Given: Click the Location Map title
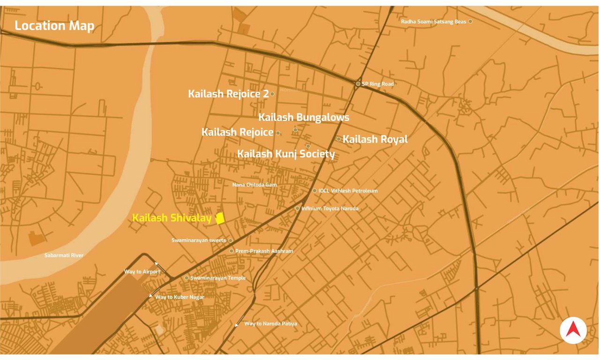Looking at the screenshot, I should click(54, 26).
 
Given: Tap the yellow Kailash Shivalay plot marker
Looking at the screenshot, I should click(220, 218).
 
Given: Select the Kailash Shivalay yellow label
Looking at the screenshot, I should click(172, 218).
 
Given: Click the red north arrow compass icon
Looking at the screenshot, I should click(573, 330).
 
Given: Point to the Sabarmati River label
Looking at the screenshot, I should click(64, 255).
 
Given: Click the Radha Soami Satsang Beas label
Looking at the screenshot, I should click(433, 22).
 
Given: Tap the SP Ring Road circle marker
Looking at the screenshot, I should click(358, 84).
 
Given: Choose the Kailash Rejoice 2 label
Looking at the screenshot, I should click(228, 94).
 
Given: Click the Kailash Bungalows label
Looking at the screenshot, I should click(304, 117).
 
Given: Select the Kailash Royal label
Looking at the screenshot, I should click(375, 139).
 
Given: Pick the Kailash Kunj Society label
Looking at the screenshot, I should click(286, 154).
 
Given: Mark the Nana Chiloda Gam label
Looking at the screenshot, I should click(254, 185).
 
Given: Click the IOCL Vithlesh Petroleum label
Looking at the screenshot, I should click(348, 191).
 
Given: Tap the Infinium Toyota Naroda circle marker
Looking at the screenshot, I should click(297, 208).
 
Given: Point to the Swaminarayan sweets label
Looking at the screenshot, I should click(199, 240).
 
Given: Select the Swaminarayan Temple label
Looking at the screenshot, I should click(218, 278).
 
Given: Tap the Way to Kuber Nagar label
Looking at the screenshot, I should click(179, 297).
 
